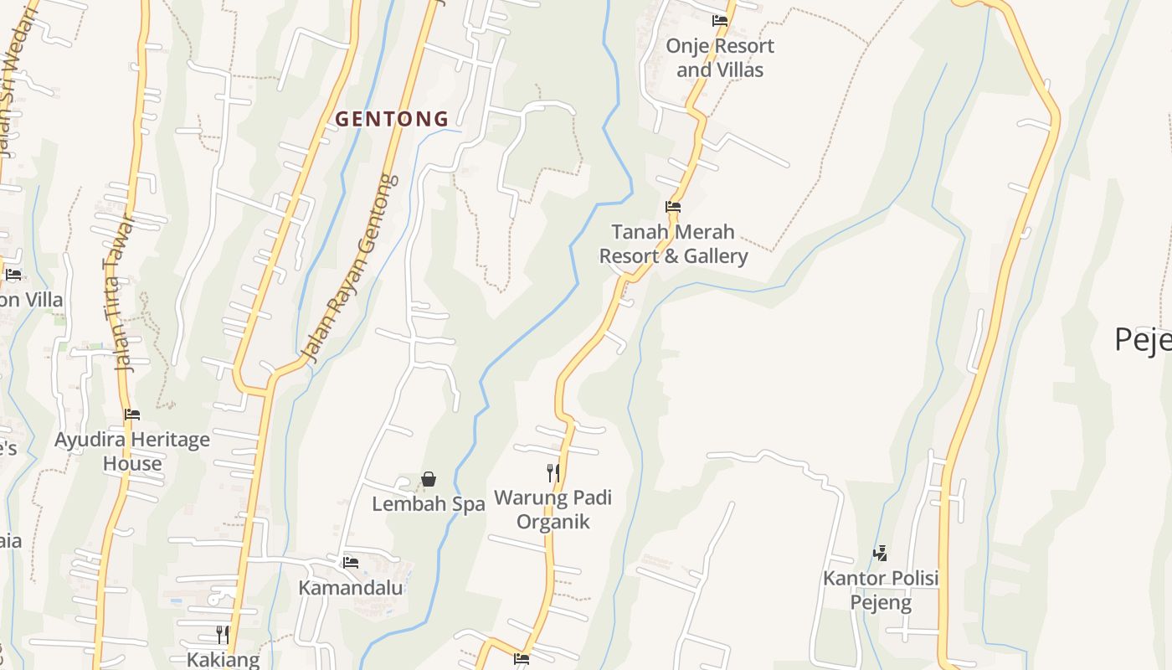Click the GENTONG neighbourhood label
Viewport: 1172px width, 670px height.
click(392, 119)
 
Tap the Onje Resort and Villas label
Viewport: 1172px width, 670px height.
click(720, 58)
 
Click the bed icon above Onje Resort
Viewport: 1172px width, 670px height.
click(719, 21)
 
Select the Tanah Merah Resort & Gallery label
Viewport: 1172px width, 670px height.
click(673, 244)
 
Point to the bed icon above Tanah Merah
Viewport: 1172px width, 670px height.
click(673, 207)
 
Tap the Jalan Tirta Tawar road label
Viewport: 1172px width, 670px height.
click(117, 293)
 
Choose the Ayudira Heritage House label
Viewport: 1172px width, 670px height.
click(132, 451)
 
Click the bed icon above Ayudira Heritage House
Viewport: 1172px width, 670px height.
click(132, 415)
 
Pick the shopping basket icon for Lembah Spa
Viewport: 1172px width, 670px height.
click(429, 479)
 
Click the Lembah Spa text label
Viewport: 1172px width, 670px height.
click(429, 504)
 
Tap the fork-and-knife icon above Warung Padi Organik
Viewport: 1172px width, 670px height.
click(553, 473)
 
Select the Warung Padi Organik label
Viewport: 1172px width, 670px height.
click(553, 509)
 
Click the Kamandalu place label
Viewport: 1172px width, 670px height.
click(351, 588)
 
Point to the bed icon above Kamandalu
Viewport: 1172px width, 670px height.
click(351, 562)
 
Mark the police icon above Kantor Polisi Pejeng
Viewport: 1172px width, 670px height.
click(880, 553)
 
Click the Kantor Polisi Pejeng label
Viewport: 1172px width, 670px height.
click(881, 590)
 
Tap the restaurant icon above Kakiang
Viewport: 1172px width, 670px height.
click(222, 634)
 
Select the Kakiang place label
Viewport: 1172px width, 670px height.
click(223, 659)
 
